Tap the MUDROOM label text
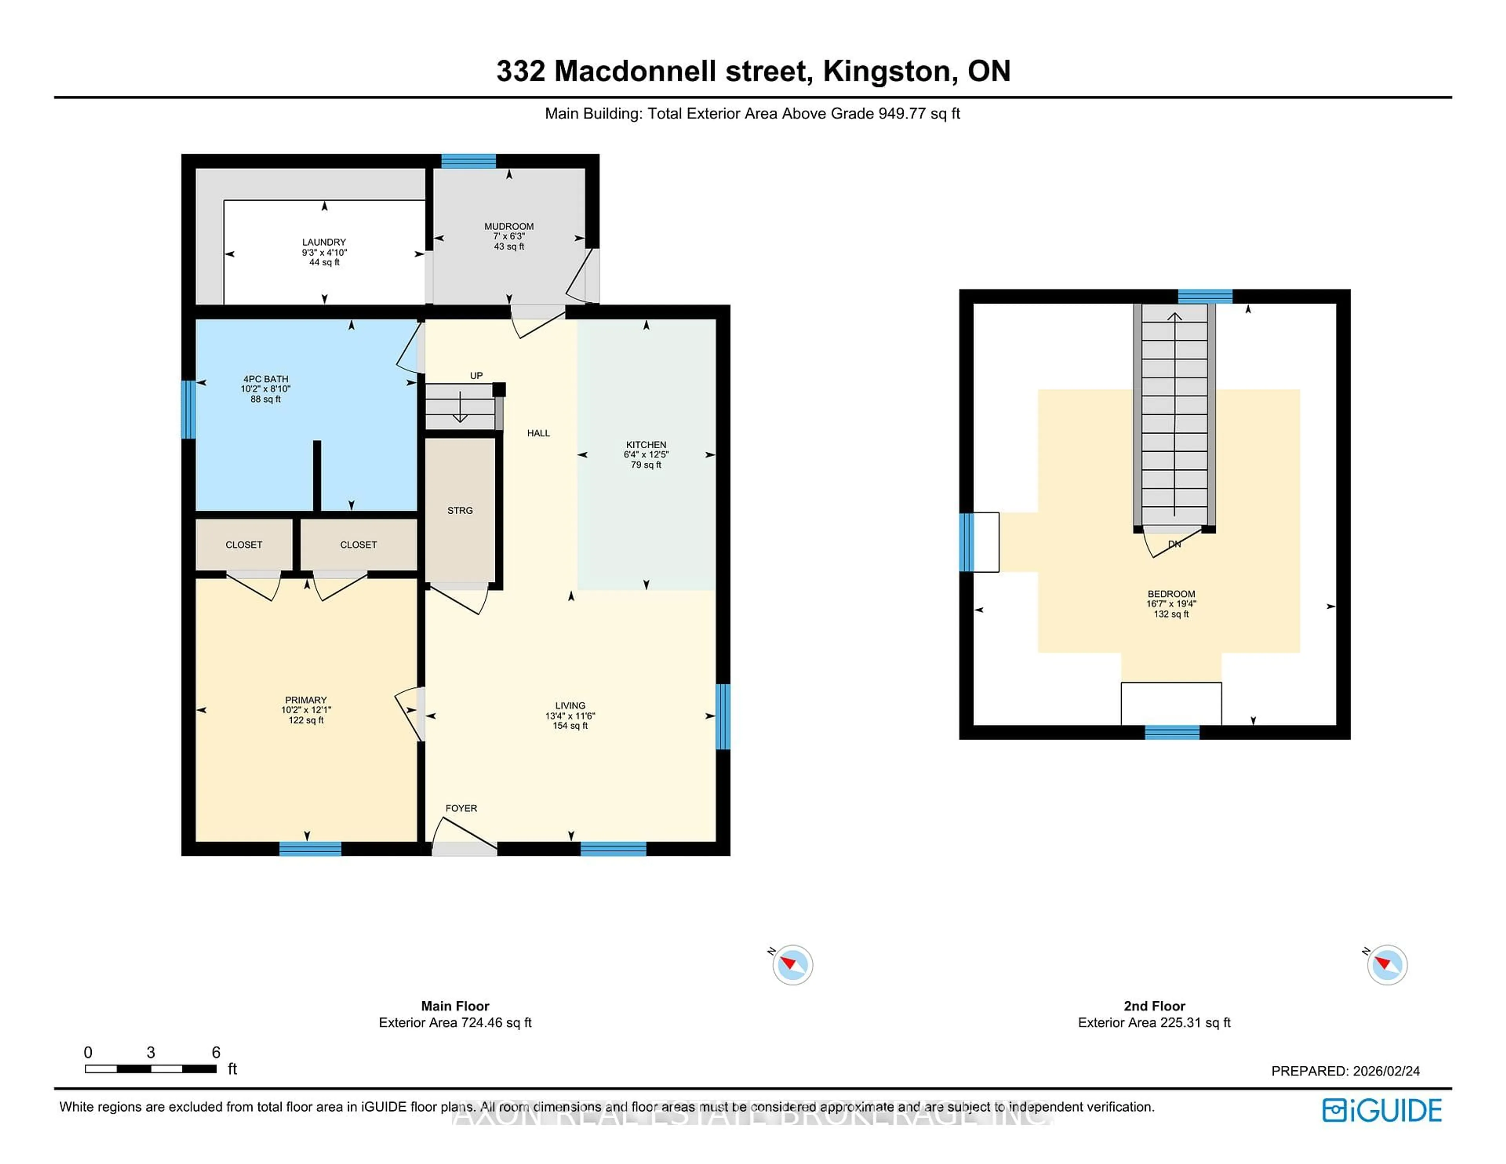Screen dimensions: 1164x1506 click(x=509, y=227)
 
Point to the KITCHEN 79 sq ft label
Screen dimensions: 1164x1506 click(x=646, y=455)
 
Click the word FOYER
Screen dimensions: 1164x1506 click(x=461, y=808)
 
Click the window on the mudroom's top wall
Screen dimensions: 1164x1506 click(x=468, y=161)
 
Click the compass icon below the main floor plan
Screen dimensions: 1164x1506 click(x=792, y=965)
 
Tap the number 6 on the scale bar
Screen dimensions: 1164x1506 click(x=216, y=1052)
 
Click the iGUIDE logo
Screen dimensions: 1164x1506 click(x=1382, y=1110)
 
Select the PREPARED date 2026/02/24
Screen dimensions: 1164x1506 click(x=1386, y=1071)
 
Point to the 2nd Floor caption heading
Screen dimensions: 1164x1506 click(x=1154, y=1006)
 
